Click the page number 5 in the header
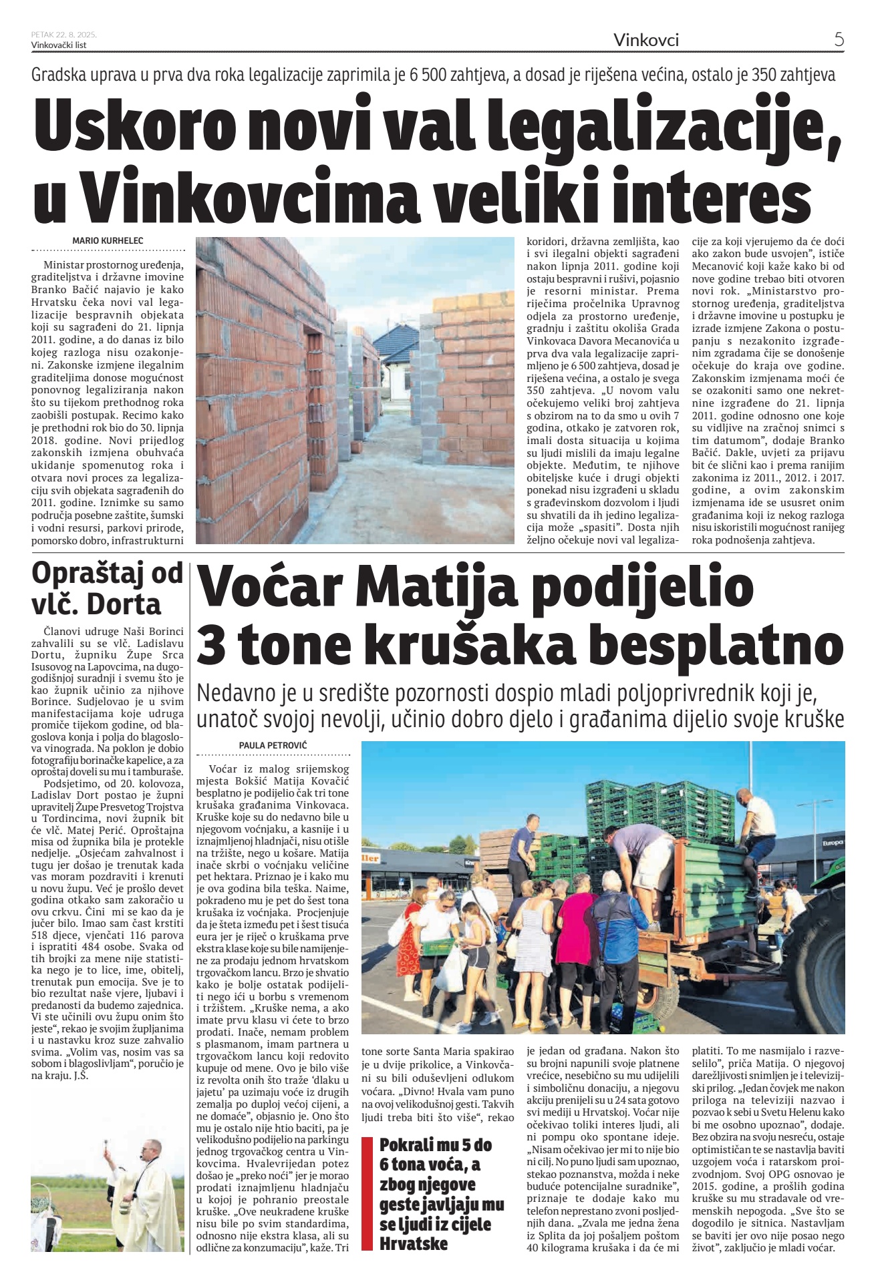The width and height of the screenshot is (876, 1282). click(x=839, y=39)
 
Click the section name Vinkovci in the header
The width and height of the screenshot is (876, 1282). click(x=645, y=40)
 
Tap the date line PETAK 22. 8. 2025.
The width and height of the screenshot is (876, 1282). click(x=64, y=35)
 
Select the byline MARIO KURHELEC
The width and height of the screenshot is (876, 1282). click(x=108, y=241)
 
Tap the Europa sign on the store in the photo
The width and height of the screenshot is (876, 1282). click(x=833, y=843)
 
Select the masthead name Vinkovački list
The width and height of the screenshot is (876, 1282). click(x=59, y=45)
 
